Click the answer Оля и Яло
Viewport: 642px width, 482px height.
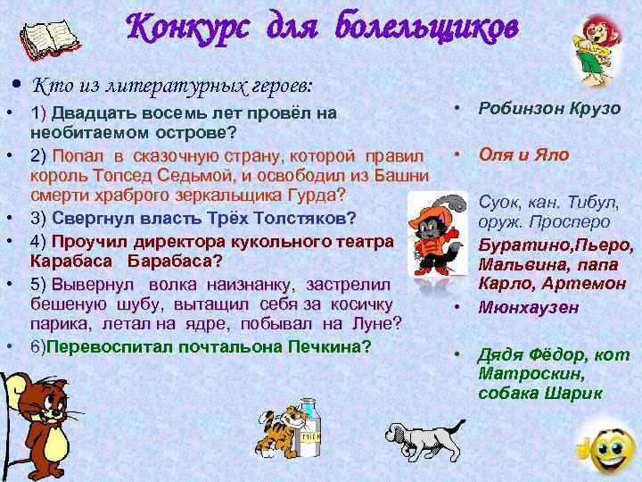(524, 154)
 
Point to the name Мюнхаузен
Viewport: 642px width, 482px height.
(529, 307)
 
